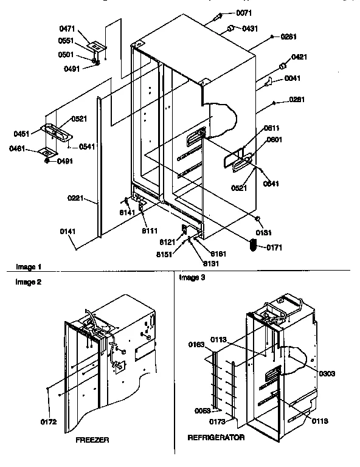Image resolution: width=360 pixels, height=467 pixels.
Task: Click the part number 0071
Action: pos(243,13)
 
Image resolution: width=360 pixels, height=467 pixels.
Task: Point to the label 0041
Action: pos(293,79)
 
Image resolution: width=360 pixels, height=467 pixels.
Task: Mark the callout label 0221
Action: pos(76,198)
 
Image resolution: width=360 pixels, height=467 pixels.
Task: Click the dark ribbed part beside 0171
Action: pos(254,244)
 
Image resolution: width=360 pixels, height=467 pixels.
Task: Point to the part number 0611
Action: pos(271,129)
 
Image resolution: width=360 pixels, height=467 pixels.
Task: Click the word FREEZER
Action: pos(92,439)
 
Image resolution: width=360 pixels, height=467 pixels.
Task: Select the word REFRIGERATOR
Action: pos(216,437)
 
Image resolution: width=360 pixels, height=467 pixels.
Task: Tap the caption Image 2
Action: pos(19,282)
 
